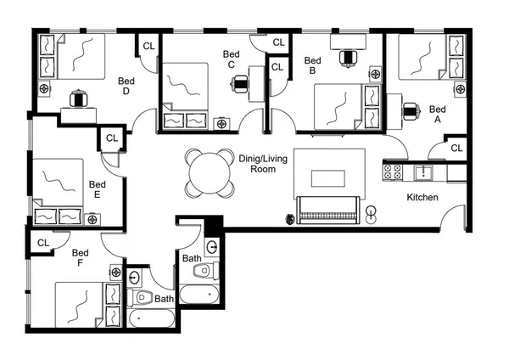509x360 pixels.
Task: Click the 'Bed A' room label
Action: [x=437, y=115]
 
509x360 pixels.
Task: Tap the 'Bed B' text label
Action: [x=312, y=65]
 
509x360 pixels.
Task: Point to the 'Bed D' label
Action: [x=126, y=86]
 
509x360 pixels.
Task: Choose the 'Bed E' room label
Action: [x=98, y=189]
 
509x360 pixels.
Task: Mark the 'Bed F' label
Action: [x=81, y=258]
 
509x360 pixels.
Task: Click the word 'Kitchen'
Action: [x=422, y=197]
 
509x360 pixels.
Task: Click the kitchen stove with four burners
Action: [x=394, y=172]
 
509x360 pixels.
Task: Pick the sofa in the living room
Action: [x=327, y=209]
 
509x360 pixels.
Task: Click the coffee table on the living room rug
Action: [x=327, y=177]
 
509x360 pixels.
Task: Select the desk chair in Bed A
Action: [x=411, y=110]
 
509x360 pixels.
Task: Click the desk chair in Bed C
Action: [x=240, y=83]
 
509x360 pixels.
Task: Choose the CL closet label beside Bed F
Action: [x=43, y=243]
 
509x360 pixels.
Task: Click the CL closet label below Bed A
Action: [x=456, y=149]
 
